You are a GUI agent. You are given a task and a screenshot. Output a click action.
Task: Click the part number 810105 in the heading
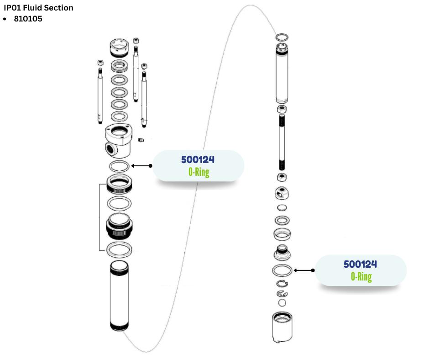pyautogui.click(x=28, y=19)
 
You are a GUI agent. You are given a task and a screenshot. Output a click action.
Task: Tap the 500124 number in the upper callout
pyautogui.click(x=198, y=160)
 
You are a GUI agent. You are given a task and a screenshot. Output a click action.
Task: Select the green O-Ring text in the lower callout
pyautogui.click(x=361, y=276)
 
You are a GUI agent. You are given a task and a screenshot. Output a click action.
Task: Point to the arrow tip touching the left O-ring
pyautogui.click(x=132, y=166)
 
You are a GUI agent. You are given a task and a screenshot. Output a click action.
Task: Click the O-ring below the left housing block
pyautogui.click(x=119, y=166)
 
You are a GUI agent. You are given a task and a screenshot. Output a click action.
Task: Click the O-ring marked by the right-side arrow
pyautogui.click(x=282, y=270)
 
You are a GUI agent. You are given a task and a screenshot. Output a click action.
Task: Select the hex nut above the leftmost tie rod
pyautogui.click(x=99, y=62)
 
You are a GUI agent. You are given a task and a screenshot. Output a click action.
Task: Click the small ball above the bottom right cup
pyautogui.click(x=282, y=303)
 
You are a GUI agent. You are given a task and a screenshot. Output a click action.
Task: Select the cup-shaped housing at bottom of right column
pyautogui.click(x=282, y=327)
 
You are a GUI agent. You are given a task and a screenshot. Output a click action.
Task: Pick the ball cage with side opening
pyautogui.click(x=282, y=194)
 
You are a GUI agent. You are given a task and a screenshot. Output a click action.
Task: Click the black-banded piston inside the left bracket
pyautogui.click(x=119, y=226)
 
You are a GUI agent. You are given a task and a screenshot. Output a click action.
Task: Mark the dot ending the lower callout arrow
pyautogui.click(x=314, y=270)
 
